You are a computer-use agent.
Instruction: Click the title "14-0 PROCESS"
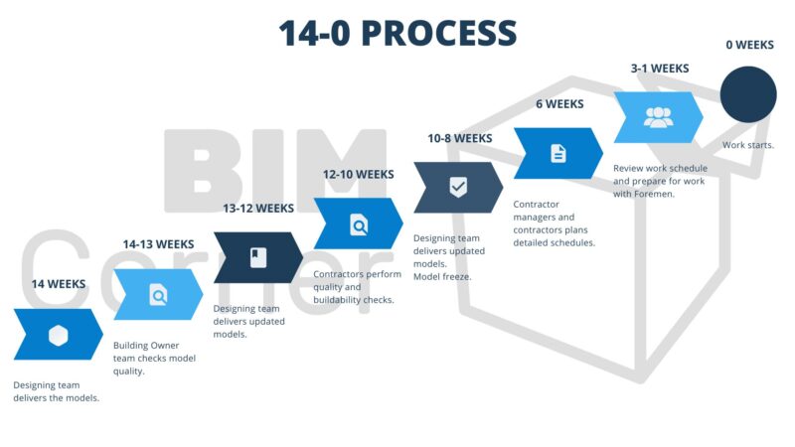point(397,33)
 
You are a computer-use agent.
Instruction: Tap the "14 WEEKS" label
point(59,284)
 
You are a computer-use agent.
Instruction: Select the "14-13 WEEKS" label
point(158,244)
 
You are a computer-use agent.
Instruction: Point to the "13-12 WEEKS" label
point(258,209)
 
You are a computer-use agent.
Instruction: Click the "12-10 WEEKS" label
point(359,174)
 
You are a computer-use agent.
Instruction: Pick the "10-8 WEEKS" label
point(459,138)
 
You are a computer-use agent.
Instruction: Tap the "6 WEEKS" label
point(559,104)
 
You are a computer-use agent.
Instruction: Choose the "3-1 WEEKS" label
point(659,69)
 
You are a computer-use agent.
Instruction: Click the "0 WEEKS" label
point(748,45)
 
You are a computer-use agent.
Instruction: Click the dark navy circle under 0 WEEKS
point(748,94)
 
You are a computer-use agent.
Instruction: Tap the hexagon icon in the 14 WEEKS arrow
point(59,335)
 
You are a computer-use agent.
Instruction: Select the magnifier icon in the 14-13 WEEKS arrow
point(158,295)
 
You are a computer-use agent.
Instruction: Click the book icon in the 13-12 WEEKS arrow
point(258,258)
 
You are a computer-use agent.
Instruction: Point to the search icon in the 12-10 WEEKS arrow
point(359,224)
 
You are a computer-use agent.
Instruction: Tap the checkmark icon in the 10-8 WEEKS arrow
point(458,188)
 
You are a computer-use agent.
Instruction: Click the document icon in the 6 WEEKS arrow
point(558,153)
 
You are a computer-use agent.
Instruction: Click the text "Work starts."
point(748,145)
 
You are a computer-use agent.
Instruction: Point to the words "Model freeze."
point(442,277)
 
